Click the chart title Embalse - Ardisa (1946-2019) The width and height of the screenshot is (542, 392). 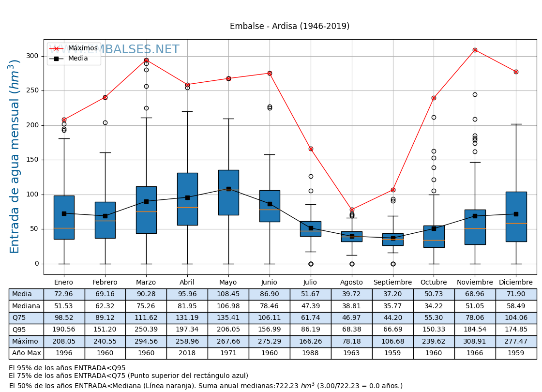click(x=289, y=27)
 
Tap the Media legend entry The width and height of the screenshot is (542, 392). click(x=78, y=59)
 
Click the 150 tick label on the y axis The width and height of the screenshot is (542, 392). click(x=32, y=160)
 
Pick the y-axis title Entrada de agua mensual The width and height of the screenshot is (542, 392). click(x=15, y=156)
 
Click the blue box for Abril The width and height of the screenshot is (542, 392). click(x=187, y=199)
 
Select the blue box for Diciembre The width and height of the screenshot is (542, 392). click(x=516, y=216)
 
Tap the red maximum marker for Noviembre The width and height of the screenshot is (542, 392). click(x=475, y=50)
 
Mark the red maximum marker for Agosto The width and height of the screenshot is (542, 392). click(x=352, y=210)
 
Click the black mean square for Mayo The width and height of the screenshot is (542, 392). click(x=228, y=189)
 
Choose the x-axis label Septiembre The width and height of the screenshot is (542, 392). click(x=392, y=283)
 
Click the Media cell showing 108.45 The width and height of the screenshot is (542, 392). click(x=228, y=294)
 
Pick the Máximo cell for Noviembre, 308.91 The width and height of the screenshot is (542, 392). click(x=475, y=341)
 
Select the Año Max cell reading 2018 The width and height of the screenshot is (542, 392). click(x=187, y=353)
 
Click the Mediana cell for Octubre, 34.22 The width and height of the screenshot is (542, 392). click(x=434, y=306)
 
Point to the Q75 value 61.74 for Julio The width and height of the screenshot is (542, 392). click(x=311, y=318)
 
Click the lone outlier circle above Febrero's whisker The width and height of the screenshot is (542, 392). click(x=105, y=122)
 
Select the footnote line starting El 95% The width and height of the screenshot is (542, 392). click(x=67, y=368)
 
